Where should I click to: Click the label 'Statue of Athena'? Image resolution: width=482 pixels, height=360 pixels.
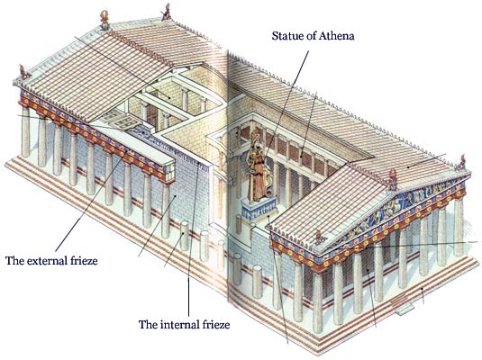(313, 36)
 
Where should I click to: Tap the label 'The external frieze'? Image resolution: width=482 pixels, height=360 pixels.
(51, 261)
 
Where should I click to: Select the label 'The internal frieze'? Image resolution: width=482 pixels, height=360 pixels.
(184, 324)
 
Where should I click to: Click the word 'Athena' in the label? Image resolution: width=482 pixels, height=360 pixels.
(336, 36)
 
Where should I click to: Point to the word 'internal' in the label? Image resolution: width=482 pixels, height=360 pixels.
(178, 324)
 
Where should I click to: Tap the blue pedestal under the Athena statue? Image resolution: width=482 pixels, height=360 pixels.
(259, 208)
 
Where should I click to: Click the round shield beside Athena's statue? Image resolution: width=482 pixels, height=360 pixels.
(268, 190)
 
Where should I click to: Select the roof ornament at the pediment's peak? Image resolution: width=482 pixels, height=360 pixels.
(393, 179)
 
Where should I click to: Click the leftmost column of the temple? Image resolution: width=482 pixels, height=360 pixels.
(25, 132)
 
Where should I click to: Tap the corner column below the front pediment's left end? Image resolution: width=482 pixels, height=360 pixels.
(277, 280)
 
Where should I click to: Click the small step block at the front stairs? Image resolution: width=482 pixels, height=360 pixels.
(404, 310)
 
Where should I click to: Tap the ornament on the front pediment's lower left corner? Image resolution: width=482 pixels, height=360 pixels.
(320, 237)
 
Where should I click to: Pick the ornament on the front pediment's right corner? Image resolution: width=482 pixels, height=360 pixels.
(460, 163)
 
